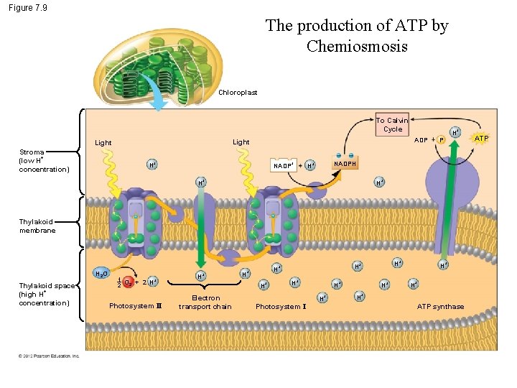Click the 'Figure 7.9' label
(x=29, y=8)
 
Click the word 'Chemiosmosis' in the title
(x=357, y=47)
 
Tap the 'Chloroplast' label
(x=238, y=93)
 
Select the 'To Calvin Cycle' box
(x=392, y=124)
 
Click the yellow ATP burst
(x=481, y=138)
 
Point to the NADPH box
(x=344, y=164)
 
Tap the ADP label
(x=421, y=139)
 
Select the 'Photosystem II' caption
(x=136, y=306)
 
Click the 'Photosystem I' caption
(x=281, y=307)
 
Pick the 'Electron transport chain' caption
(x=205, y=302)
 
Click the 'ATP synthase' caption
(x=440, y=307)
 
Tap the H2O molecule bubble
(x=102, y=274)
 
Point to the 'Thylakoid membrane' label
(x=37, y=226)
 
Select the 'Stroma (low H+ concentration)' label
(x=43, y=161)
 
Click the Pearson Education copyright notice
(x=49, y=355)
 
